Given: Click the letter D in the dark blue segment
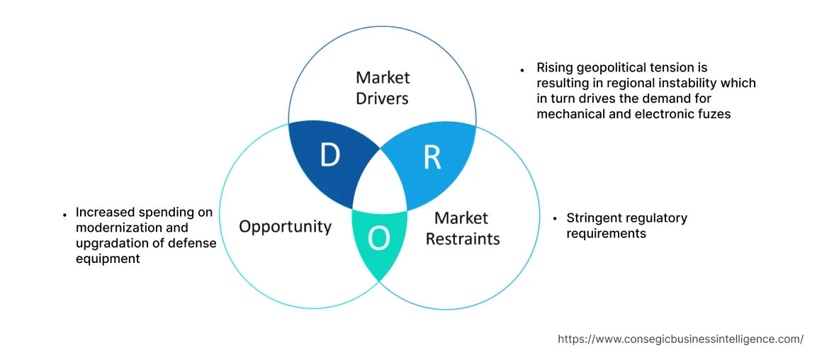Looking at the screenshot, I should [329, 155].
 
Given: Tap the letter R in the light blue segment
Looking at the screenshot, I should [432, 158].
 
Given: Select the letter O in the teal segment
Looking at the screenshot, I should [379, 239].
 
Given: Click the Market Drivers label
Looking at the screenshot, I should [383, 87].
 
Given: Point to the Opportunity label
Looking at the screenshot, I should [285, 226].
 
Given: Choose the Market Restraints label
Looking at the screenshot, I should [462, 228].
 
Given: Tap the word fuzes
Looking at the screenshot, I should [712, 113].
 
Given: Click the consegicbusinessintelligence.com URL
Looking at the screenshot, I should [680, 339].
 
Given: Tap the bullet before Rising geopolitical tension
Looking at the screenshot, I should [522, 70].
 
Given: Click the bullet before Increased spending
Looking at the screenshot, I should [64, 213].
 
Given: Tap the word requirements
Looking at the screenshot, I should [606, 233].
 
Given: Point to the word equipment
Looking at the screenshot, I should [108, 259].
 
